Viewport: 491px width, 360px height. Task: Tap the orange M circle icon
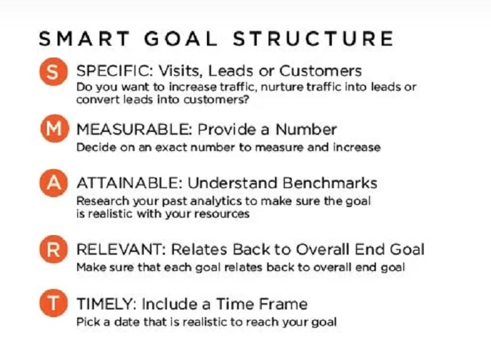53,131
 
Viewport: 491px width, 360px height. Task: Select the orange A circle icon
53,185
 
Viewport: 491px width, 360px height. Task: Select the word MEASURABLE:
134,130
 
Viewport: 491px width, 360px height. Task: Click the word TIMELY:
106,305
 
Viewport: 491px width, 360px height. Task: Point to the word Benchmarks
328,183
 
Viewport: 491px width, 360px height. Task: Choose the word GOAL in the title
180,38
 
